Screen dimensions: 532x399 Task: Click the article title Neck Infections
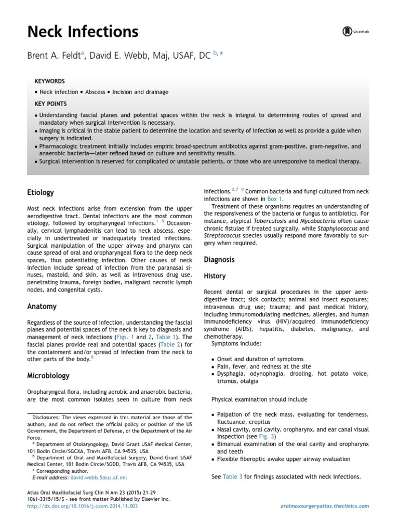[x=83, y=32]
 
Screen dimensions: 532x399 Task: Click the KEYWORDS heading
[x=49, y=82]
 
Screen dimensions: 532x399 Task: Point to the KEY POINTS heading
[x=50, y=104]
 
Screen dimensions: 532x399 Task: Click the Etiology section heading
[x=41, y=193]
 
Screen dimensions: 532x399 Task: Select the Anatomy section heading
[x=42, y=307]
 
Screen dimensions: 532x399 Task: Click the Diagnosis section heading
[x=219, y=259]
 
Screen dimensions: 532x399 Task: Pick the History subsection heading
[x=215, y=276]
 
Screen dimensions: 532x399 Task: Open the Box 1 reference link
[x=275, y=199]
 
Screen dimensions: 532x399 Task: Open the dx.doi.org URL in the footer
[x=82, y=506]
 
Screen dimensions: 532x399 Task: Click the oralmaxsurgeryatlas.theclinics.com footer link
[x=324, y=506]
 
